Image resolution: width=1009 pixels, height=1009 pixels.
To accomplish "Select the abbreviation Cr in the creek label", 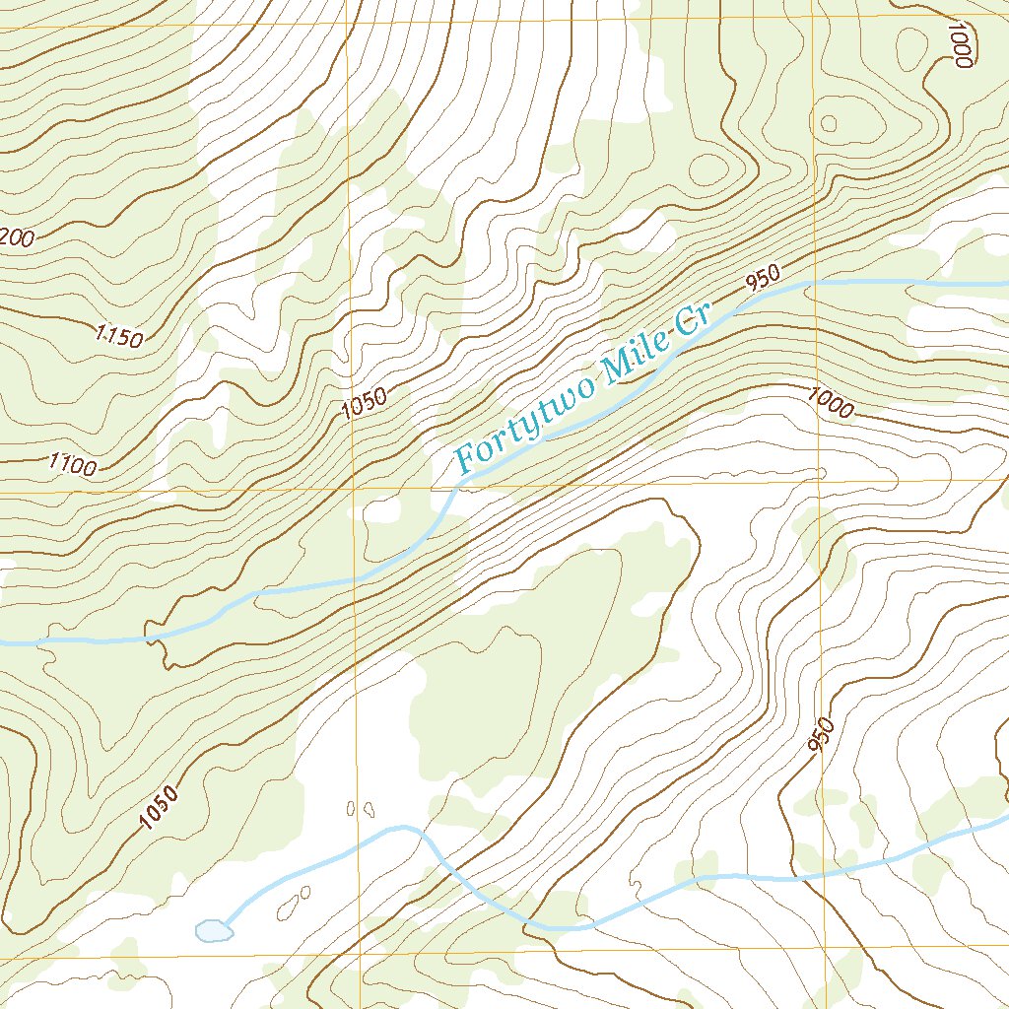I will [692, 322].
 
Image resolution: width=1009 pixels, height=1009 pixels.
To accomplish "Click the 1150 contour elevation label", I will [120, 336].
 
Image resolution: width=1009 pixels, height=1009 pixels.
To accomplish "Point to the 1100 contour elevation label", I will [74, 463].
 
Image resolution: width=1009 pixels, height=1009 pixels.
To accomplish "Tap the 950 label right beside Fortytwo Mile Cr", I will [764, 278].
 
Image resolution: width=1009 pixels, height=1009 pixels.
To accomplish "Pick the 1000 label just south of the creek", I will [830, 402].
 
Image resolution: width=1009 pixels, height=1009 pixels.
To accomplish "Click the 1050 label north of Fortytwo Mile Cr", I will [365, 403].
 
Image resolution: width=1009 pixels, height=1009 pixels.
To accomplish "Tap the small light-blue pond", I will [212, 930].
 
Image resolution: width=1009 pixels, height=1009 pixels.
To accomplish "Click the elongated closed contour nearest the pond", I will [292, 902].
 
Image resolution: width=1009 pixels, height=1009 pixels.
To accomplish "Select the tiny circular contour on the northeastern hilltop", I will [829, 123].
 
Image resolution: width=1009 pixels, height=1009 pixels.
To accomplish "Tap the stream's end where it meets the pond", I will [230, 925].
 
